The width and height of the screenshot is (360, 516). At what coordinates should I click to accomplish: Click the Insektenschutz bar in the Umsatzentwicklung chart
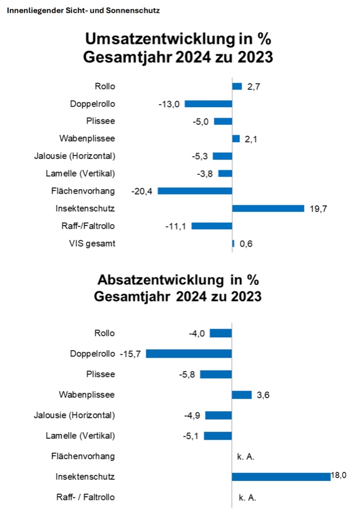point(268,208)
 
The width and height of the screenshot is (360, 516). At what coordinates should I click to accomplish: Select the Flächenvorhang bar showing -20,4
point(195,191)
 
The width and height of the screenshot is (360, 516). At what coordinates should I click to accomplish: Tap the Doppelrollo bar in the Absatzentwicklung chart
point(189,354)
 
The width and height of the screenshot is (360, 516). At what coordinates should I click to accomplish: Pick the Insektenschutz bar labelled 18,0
point(281,476)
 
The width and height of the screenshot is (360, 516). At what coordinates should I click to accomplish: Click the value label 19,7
point(319,209)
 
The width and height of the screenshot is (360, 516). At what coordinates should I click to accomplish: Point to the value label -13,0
point(169,104)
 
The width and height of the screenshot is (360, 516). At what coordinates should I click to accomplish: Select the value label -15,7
point(131,354)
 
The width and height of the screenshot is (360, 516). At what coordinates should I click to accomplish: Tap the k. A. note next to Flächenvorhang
point(246,456)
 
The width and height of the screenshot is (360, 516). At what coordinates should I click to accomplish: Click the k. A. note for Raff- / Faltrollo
point(246,497)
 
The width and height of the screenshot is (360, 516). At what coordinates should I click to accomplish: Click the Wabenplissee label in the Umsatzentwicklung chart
point(87,138)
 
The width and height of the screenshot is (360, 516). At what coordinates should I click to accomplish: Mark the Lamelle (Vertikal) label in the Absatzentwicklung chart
point(80,436)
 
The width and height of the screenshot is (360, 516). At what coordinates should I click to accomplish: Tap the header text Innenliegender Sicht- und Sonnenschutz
point(83,10)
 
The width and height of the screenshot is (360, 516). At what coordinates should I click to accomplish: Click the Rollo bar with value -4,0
point(221,333)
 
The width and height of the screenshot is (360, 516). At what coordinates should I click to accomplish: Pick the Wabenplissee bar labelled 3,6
point(241,394)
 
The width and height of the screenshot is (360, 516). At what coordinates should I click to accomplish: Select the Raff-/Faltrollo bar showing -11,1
point(212,226)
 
